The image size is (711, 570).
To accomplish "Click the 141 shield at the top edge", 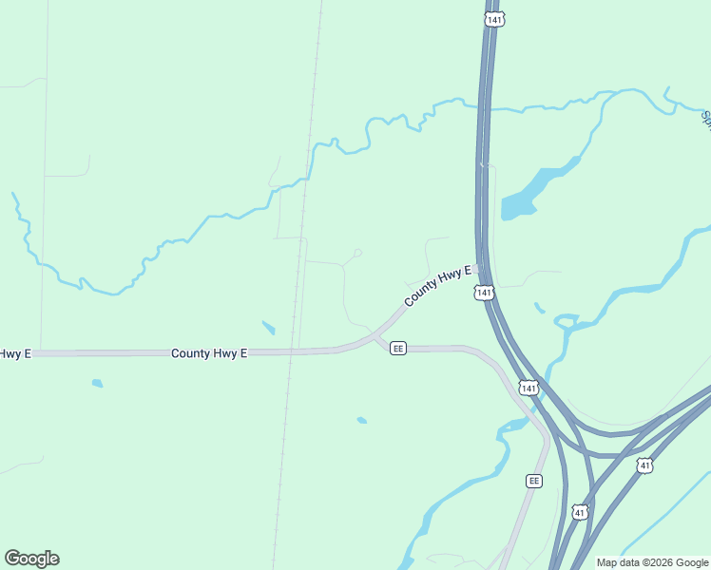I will point(492,19).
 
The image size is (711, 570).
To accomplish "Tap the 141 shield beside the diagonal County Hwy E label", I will point(485,293).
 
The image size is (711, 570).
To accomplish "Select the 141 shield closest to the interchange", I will point(529,388).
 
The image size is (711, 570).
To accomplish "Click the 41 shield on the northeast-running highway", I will point(645,465).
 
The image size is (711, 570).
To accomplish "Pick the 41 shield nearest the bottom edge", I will point(580,512).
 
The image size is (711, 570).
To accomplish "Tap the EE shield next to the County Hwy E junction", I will point(398,349).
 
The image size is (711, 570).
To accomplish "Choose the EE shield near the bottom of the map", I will point(534,481).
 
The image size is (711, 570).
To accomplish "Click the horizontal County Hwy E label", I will point(209,353).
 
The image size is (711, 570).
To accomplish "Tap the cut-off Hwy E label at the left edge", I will point(14,353).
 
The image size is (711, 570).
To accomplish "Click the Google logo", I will point(31,559).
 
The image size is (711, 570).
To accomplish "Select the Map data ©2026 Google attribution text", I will point(652,562).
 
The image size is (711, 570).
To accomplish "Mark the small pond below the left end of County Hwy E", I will point(97,384).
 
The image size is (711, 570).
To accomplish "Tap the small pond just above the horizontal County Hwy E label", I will point(269,329).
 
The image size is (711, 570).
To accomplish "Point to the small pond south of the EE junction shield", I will point(361,420).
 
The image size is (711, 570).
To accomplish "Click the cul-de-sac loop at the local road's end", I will point(357,253).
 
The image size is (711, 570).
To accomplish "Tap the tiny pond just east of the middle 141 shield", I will point(539,308).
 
